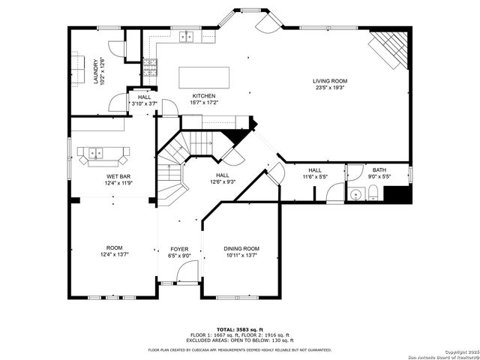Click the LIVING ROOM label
[330, 81]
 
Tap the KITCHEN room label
[203, 96]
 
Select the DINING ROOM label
[241, 248]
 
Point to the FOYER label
[179, 248]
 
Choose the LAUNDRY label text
[95, 71]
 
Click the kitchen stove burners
[148, 69]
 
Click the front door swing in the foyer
[184, 275]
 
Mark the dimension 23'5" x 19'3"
[330, 87]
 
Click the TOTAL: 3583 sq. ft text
[239, 329]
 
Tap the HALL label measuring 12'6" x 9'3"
[222, 178]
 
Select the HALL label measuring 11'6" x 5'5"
[314, 173]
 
